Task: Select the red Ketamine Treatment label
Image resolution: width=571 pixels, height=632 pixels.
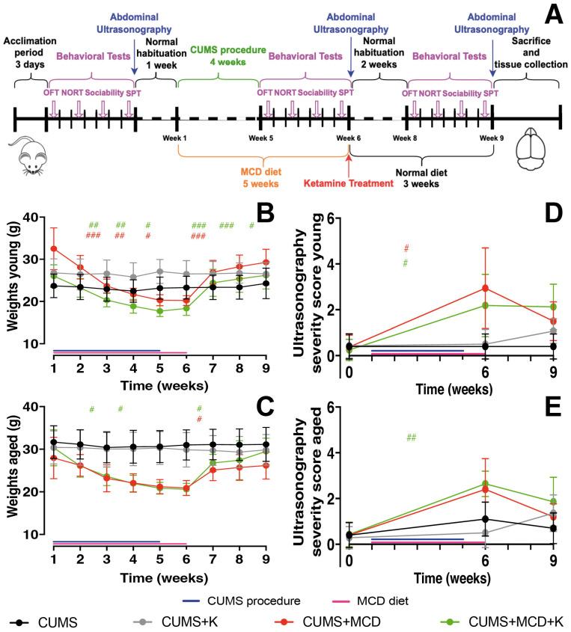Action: [347, 183]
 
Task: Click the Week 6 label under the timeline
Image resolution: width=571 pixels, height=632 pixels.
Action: [348, 138]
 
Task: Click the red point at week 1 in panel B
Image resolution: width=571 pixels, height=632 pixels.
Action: [53, 248]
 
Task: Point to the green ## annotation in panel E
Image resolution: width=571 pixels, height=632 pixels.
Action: [411, 438]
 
